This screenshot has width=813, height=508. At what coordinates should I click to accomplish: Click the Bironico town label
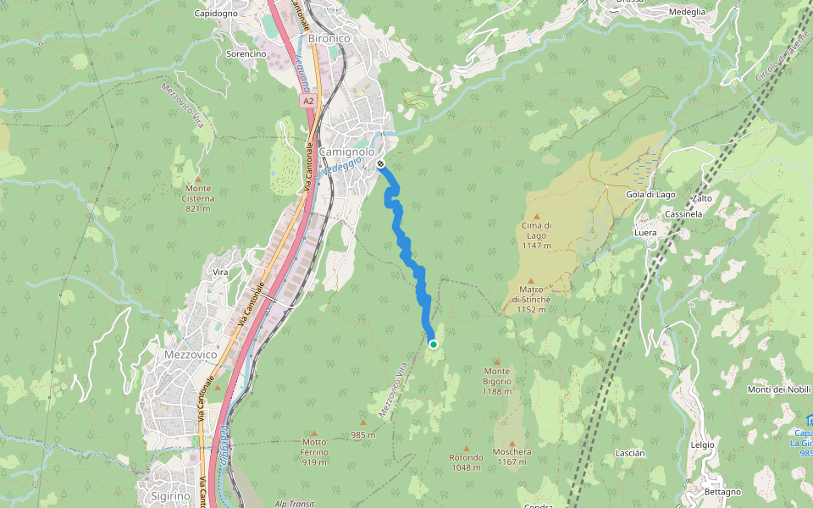[329, 38]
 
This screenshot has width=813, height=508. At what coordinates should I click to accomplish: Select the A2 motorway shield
[308, 101]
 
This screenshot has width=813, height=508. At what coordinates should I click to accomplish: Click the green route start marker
[434, 344]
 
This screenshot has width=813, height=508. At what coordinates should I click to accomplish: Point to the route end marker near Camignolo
[381, 163]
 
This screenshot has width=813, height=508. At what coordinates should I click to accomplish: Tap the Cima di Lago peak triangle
[537, 217]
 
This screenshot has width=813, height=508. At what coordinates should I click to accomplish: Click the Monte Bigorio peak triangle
[497, 362]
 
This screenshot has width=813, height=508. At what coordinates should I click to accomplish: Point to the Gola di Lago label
[648, 195]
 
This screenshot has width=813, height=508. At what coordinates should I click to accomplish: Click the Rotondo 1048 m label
[466, 462]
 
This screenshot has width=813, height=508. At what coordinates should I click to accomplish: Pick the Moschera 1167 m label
[512, 456]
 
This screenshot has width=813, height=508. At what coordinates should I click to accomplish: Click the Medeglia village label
[687, 12]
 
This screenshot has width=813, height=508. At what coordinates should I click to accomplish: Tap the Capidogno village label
[217, 14]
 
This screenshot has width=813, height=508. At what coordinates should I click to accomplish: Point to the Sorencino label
[246, 53]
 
